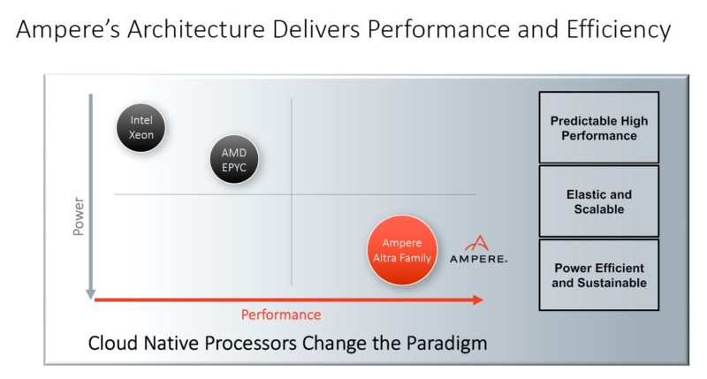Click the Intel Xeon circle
(x=141, y=128)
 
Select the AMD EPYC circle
(x=234, y=160)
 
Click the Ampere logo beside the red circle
(x=478, y=250)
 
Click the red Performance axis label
(x=282, y=315)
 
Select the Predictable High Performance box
(x=598, y=128)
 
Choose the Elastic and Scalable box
(x=598, y=201)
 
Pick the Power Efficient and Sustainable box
(x=598, y=275)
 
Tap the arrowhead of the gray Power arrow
(x=89, y=292)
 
